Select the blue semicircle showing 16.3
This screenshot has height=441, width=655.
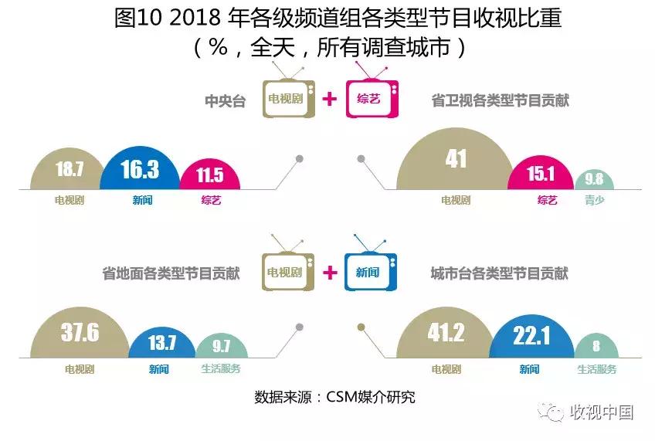click(140, 170)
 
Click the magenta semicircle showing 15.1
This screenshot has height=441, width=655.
click(541, 175)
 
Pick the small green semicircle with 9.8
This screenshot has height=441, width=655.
click(594, 180)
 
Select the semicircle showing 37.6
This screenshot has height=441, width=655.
click(80, 333)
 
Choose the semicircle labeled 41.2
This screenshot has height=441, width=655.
click(445, 333)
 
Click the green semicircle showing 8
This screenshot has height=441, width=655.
click(596, 346)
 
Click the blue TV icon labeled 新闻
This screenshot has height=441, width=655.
click(368, 271)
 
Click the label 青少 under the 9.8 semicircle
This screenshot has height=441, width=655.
click(595, 200)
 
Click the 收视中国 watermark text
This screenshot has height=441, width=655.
click(601, 412)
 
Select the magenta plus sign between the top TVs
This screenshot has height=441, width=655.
click(330, 99)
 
